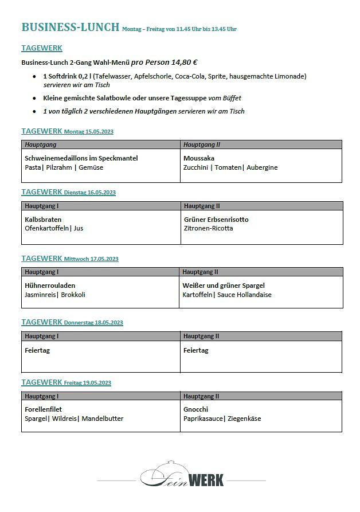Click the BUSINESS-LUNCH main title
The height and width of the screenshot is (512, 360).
[x=70, y=27]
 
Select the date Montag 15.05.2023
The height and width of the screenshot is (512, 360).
[x=89, y=132]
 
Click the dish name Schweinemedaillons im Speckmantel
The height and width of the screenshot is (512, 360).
[x=81, y=158]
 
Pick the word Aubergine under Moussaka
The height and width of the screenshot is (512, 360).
[x=262, y=167]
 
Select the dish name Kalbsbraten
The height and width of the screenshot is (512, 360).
[x=43, y=219]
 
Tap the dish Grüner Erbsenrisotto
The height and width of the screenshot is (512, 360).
[x=216, y=219]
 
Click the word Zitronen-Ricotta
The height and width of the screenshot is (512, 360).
[x=209, y=228]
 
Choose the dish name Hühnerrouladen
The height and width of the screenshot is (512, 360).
[x=50, y=285]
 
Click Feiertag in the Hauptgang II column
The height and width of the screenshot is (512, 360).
[x=196, y=350]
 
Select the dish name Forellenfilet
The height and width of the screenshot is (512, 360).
[x=44, y=409]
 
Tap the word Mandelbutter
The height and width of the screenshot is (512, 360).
[x=103, y=419]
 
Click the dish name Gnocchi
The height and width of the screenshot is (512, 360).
[x=196, y=409]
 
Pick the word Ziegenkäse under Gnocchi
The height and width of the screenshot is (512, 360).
[x=244, y=419]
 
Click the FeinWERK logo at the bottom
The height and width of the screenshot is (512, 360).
[x=182, y=475]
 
